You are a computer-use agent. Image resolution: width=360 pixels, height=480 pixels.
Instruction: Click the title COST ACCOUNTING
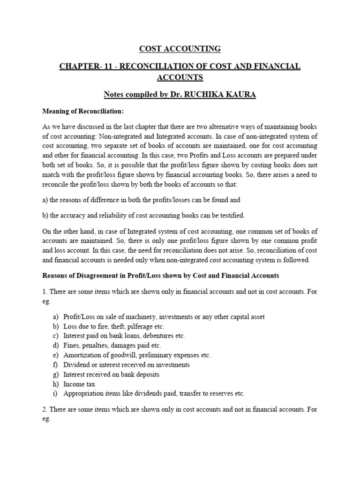180,49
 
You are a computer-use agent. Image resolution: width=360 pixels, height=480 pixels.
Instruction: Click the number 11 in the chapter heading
106,67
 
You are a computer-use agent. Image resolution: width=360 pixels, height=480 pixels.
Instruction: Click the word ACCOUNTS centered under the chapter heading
180,77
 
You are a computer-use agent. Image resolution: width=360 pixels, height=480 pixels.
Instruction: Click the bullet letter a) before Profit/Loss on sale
56,317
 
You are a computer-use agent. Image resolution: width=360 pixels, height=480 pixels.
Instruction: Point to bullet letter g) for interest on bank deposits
56,374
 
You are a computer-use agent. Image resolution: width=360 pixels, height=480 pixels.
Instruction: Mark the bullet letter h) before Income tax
56,384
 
